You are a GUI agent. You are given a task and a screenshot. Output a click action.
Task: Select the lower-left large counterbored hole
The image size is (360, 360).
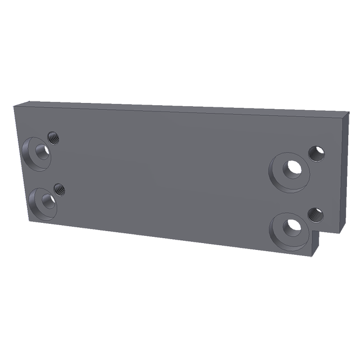point(44,199)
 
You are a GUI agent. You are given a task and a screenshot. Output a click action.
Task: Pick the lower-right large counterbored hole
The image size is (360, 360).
point(292,227)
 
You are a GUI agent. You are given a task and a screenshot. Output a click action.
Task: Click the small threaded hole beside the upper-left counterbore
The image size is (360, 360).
point(53,136)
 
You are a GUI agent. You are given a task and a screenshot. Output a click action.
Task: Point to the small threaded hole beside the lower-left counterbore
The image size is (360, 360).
point(59,189)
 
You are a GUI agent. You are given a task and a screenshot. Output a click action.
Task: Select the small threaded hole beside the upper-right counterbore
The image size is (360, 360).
point(317,152)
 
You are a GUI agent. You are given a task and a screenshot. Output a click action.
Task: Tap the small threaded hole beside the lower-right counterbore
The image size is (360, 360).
point(315,214)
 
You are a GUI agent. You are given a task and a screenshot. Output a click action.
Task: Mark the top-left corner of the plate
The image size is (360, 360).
point(15,105)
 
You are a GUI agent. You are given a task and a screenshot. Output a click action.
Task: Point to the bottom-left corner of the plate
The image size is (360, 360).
point(28,220)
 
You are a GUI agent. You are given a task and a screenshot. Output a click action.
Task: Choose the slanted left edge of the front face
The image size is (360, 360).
point(21,163)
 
